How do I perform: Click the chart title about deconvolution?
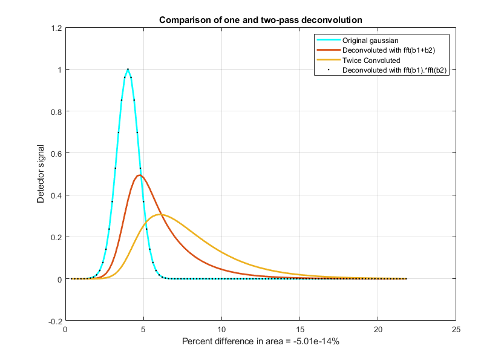click(260, 20)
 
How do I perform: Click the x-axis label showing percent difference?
click(260, 342)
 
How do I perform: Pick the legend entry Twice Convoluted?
click(371, 60)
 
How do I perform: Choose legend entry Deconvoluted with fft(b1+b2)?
click(388, 50)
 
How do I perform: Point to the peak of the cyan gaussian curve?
click(128, 69)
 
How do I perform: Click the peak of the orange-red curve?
click(140, 175)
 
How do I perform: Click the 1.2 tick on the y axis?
click(56, 28)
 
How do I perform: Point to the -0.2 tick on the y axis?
click(55, 321)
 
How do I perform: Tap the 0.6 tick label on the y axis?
click(56, 154)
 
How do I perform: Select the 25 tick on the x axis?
click(456, 330)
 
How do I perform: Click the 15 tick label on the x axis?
click(299, 330)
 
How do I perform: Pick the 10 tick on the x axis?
click(221, 330)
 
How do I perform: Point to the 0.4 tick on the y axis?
click(56, 195)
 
